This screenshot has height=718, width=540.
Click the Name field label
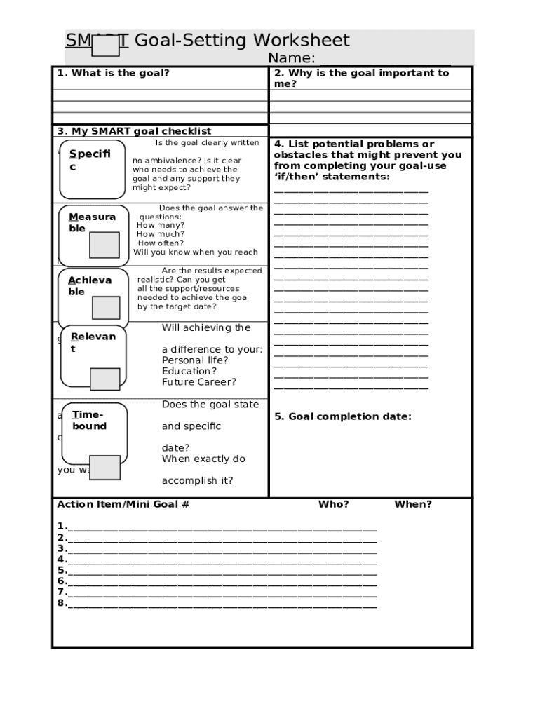pos(292,58)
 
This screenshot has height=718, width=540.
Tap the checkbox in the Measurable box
pos(104,245)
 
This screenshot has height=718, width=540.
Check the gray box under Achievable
pos(106,308)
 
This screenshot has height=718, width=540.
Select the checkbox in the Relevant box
pos(105,379)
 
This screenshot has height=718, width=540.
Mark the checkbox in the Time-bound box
pos(106,467)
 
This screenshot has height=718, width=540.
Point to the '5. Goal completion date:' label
pos(343,416)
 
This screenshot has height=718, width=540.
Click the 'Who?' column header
pos(333,504)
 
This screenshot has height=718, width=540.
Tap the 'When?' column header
pos(413,504)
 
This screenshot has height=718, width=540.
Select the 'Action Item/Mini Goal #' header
pos(123,504)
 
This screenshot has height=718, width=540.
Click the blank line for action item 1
pos(222,527)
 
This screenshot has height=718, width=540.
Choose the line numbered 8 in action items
pos(222,604)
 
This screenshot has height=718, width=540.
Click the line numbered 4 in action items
pos(222,560)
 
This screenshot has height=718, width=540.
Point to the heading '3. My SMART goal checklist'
pos(134,131)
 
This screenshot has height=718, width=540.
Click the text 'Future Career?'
pos(199,382)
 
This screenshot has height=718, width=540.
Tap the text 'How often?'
pos(161,243)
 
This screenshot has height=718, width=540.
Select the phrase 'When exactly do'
pos(203,459)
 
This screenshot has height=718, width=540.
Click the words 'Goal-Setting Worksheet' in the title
pos(241,41)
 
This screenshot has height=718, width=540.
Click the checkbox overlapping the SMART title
pos(106,46)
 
